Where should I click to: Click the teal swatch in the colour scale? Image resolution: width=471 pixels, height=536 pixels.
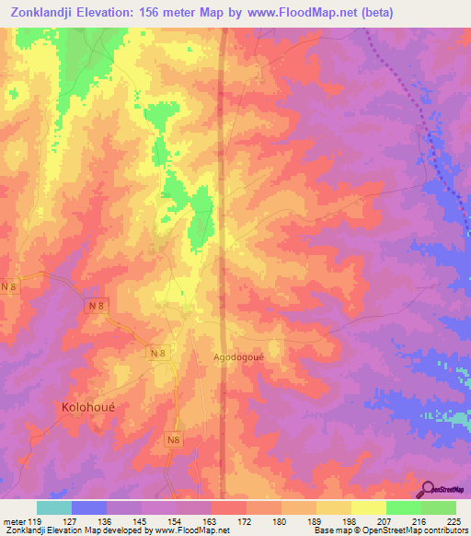click(54, 507)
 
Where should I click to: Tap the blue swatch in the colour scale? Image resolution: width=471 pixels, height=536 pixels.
click(89, 507)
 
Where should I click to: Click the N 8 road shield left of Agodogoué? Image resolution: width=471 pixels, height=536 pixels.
click(157, 352)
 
